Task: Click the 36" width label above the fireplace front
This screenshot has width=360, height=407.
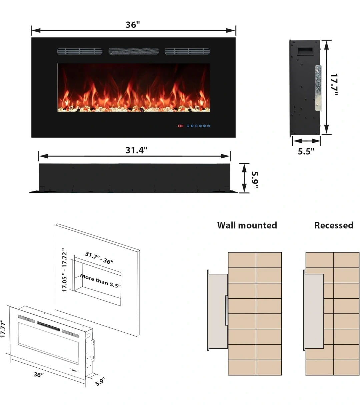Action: [x=133, y=25]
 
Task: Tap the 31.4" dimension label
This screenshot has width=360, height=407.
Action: [x=136, y=150]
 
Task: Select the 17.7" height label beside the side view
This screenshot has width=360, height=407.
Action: [x=334, y=84]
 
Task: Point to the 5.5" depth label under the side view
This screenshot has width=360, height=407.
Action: [x=306, y=152]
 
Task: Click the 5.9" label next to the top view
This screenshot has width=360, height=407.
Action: [x=255, y=180]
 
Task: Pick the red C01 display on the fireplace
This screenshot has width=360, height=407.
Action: [x=181, y=126]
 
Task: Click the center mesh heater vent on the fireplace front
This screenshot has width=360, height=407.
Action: [x=134, y=51]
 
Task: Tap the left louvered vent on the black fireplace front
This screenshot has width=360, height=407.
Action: [x=80, y=51]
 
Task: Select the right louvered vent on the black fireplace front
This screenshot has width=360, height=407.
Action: [x=187, y=51]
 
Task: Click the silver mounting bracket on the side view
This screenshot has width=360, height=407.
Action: [x=318, y=88]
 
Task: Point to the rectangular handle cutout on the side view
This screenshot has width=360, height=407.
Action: [x=305, y=51]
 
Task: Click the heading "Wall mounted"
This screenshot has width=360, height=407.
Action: [x=247, y=225]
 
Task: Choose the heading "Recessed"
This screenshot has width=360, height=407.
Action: [x=334, y=225]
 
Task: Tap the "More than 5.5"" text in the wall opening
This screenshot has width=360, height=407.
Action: [x=100, y=281]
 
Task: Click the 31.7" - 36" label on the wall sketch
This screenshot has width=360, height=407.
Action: [x=99, y=258]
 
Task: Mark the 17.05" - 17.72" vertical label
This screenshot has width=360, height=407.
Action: [x=64, y=270]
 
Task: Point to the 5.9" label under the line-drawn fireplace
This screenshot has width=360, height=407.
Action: [x=100, y=382]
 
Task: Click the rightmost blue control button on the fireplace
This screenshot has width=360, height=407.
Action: [x=209, y=126]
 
